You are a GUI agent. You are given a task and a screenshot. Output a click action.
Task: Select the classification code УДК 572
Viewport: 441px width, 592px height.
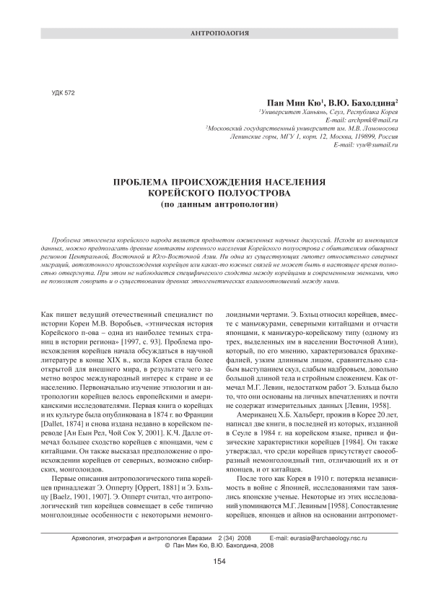tap(66, 93)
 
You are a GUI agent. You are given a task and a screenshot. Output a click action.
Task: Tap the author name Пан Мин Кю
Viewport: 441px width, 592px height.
tap(294, 103)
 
